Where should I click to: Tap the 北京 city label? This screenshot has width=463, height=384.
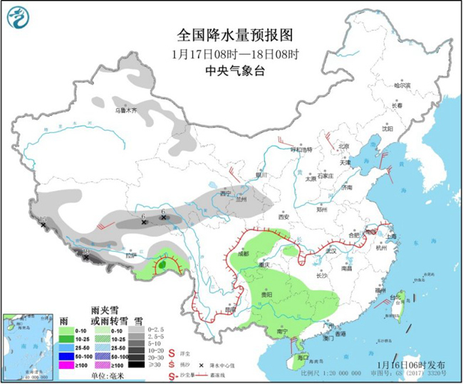344,146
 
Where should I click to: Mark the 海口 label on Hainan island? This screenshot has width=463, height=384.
301,357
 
